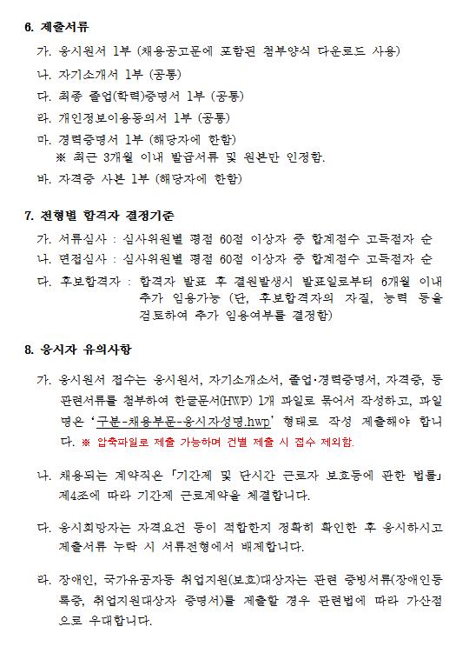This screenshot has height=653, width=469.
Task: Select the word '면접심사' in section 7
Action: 80,259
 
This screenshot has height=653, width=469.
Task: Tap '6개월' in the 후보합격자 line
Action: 393,281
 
